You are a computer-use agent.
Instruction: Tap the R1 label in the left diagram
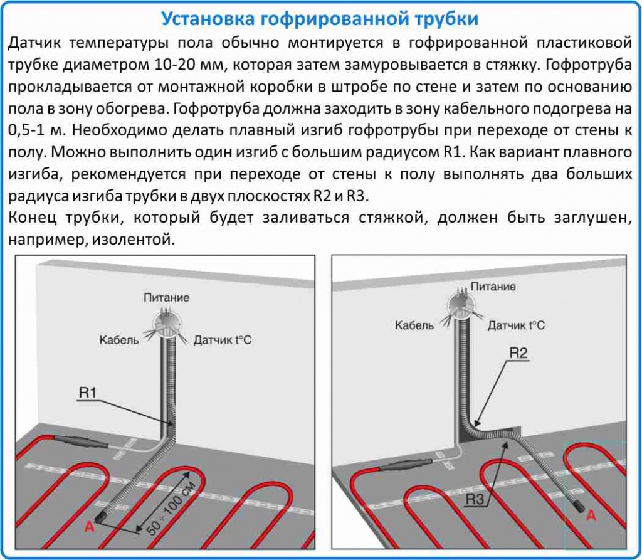pos(87,393)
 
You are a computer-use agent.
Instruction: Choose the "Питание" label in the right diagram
pos(493,287)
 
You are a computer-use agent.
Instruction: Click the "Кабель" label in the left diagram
pos(118,341)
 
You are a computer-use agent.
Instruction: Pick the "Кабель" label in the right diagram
pos(414,325)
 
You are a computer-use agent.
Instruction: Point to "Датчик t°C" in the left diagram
pos(223,341)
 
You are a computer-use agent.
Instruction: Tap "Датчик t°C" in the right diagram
pos(516,325)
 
